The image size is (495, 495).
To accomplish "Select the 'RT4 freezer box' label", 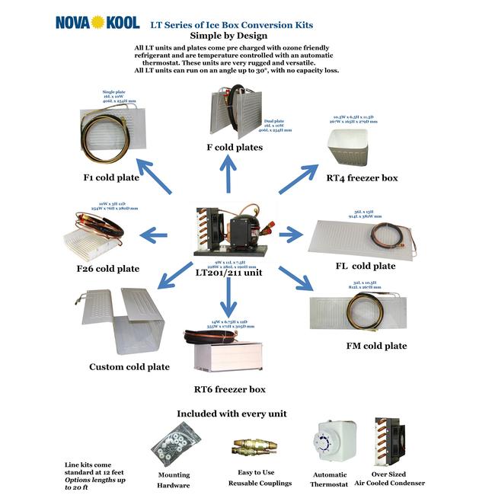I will (x=362, y=178).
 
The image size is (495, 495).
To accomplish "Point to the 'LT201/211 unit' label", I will (x=228, y=271).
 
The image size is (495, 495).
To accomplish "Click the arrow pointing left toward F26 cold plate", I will (x=154, y=236).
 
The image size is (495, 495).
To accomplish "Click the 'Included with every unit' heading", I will (x=232, y=413).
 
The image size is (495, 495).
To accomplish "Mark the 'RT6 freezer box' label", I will (x=229, y=389).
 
